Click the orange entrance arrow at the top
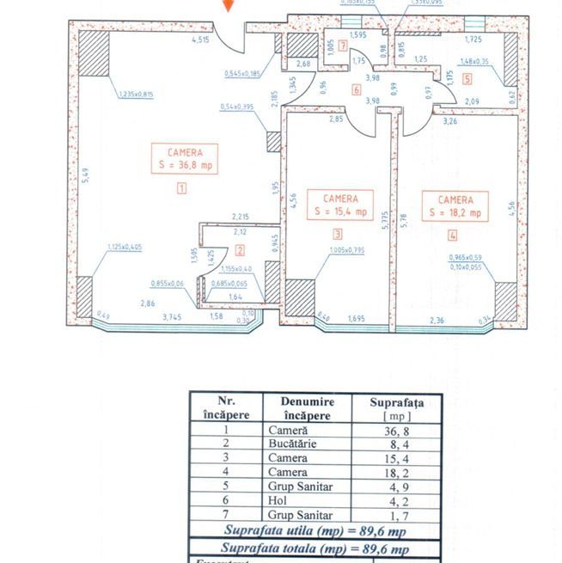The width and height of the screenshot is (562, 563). tap(227, 5)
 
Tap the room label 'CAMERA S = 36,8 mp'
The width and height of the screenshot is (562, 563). tap(180, 160)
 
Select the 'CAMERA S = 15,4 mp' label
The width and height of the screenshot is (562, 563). tap(340, 205)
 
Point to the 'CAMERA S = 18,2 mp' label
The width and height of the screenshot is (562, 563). tap(454, 205)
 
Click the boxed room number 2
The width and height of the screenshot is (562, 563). tap(241, 251)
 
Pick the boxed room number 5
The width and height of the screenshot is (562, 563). tap(467, 79)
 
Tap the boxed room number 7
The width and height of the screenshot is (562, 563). tap(343, 46)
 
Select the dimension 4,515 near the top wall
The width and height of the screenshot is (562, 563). tap(200, 40)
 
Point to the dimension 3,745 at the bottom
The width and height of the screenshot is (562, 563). tap(174, 316)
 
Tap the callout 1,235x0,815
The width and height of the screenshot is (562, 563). tap(133, 93)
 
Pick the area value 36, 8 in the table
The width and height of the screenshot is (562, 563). tap(395, 429)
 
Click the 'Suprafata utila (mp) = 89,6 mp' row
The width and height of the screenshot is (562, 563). tap(315, 532)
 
